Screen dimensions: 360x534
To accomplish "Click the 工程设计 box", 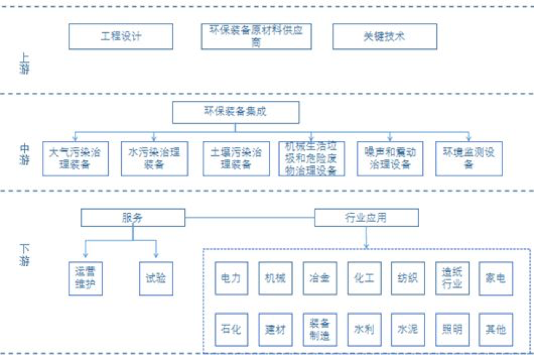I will tap(121, 36).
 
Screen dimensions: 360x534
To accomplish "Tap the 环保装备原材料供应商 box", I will tap(256, 36).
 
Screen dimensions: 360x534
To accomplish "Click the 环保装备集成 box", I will tap(235, 113).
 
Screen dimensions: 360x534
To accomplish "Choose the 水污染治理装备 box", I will tap(154, 158).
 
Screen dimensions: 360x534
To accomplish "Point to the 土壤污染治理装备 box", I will tap(236, 158).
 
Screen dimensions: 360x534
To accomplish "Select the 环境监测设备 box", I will tap(468, 158).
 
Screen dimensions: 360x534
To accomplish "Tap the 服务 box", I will tap(133, 218).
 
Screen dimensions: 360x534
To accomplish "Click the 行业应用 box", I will tap(367, 218).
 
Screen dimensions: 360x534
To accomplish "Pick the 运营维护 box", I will tap(85, 278).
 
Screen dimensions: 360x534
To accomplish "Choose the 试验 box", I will tap(155, 278).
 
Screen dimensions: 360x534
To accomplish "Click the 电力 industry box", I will tap(231, 278).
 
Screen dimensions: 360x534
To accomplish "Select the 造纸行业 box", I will tap(452, 278).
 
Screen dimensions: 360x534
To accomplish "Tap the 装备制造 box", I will tap(320, 330).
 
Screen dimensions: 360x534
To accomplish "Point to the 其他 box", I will tap(496, 330).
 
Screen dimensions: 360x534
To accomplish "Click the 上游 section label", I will tap(25, 64).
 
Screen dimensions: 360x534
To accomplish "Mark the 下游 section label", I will tap(25, 254).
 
